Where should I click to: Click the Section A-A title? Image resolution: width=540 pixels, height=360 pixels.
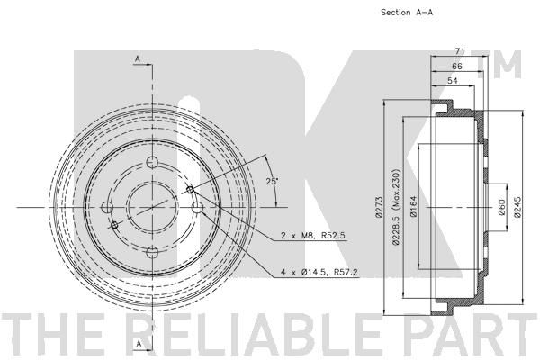407,13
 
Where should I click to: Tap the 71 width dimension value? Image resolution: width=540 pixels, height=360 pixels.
460,51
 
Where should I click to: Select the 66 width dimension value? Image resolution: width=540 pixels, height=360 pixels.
457,66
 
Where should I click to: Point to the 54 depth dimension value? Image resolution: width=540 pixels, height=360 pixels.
453,81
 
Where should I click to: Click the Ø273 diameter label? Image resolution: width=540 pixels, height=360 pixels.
379,207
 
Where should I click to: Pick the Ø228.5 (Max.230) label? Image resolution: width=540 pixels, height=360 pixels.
396,207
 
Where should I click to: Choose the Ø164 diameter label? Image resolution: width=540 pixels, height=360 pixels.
413,206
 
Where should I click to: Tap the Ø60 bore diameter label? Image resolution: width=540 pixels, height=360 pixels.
502,207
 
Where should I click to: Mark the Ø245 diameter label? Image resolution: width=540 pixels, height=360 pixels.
517,207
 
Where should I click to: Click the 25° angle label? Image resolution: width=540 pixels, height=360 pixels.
272,181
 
